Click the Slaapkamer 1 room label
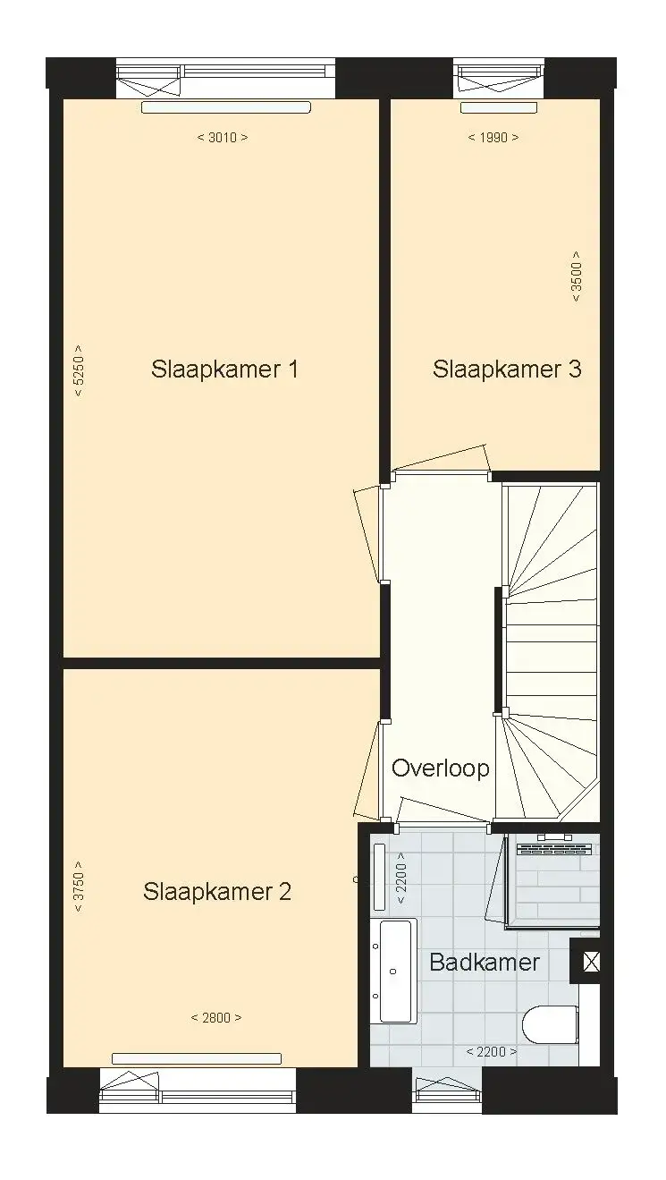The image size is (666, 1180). [x=224, y=369]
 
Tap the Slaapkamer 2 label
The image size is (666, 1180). [x=217, y=892]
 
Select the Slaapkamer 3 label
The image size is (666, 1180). [x=507, y=369]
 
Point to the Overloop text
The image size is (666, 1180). [x=440, y=768]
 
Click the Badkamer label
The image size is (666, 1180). [x=485, y=963]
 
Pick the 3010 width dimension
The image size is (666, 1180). [x=223, y=138]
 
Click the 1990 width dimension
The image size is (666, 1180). [x=493, y=138]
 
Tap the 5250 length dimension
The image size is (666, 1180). [x=78, y=371]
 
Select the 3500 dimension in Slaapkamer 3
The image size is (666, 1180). [x=577, y=276]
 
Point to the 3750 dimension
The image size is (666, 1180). [x=78, y=887]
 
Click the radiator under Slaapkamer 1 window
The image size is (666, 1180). [x=226, y=107]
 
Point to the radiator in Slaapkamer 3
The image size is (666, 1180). [x=499, y=107]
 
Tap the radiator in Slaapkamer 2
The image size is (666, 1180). [x=197, y=1058]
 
